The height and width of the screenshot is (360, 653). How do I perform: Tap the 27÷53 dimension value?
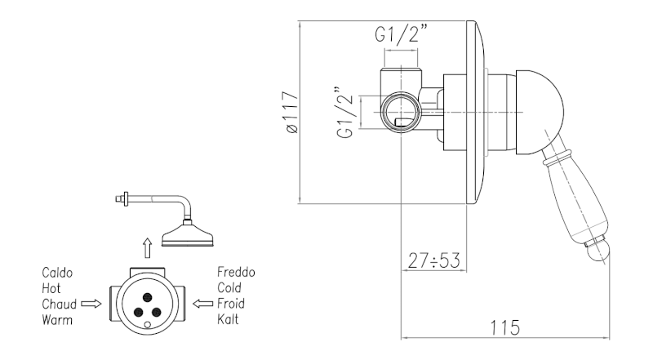pos(435,260)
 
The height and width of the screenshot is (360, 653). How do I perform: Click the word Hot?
pos(51,288)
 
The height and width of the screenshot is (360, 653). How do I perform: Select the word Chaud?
pos(60,303)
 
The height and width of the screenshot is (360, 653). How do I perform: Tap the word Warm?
pos(58,318)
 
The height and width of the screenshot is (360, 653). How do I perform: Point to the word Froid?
pos(233,303)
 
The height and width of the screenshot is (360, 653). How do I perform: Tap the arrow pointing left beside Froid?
pos(202,303)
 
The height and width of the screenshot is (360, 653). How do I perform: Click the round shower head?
pos(187,236)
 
